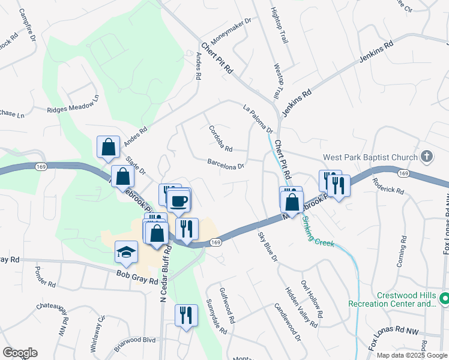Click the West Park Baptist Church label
[x=370, y=158]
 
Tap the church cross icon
[x=426, y=157]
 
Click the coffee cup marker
[x=179, y=200]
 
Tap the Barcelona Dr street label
[x=226, y=164]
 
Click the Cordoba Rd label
[x=220, y=138]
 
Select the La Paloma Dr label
[x=258, y=119]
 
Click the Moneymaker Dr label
[x=231, y=35]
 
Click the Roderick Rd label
[x=388, y=185]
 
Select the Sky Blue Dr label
[x=268, y=247]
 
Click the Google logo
[x=20, y=353]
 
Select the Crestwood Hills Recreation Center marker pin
[x=444, y=298]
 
